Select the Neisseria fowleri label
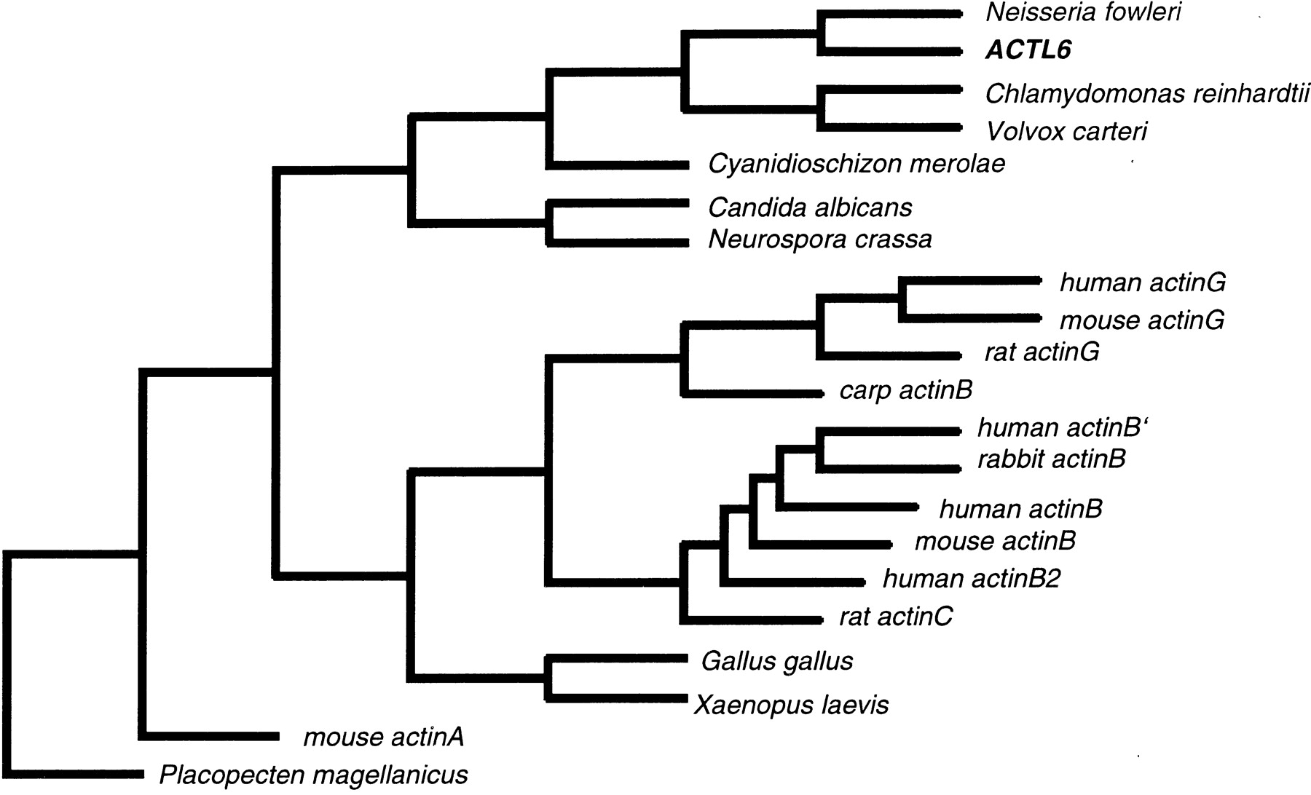[1082, 13]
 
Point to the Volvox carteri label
[1066, 131]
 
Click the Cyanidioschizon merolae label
[857, 164]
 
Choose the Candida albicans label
[809, 208]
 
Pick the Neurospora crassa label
[819, 240]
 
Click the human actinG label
[1142, 282]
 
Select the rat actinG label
[1042, 352]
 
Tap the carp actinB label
[906, 390]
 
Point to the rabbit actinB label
[1052, 459]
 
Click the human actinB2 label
[972, 579]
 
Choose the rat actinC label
[896, 617]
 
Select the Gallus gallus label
[777, 662]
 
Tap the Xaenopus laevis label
[792, 705]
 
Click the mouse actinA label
[383, 738]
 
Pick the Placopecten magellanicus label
[313, 775]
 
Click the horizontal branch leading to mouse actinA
[211, 735]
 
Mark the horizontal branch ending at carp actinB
[750, 393]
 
